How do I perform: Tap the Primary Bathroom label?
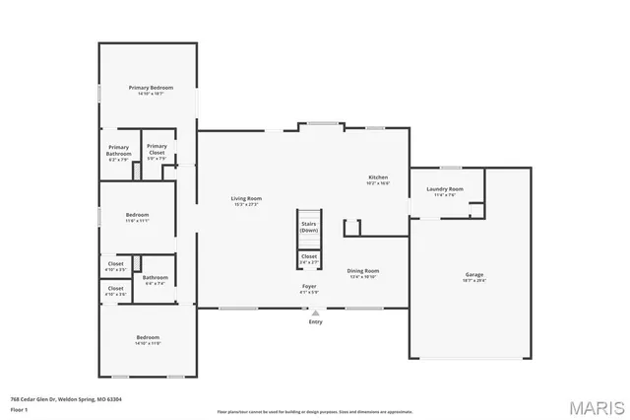pyautogui.click(x=118, y=151)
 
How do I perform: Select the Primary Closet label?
pyautogui.click(x=157, y=149)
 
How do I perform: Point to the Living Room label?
pyautogui.click(x=246, y=200)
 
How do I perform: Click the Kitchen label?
pyautogui.click(x=378, y=178)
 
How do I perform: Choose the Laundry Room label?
pyautogui.click(x=444, y=190)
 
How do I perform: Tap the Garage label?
pyautogui.click(x=474, y=276)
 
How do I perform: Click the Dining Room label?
pyautogui.click(x=362, y=272)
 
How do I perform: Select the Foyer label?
pyautogui.click(x=309, y=288)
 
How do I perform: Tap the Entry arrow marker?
pyautogui.click(x=315, y=313)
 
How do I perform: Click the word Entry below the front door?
pyautogui.click(x=315, y=321)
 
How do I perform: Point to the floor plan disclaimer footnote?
pyautogui.click(x=315, y=411)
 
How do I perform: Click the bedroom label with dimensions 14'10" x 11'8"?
pyautogui.click(x=148, y=341)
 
